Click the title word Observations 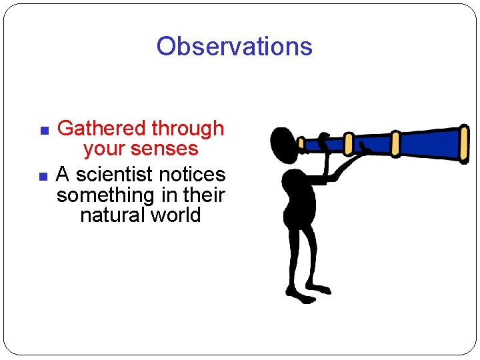(234, 46)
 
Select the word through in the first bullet (188, 128)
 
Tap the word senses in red (166, 149)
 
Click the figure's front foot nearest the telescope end (319, 289)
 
